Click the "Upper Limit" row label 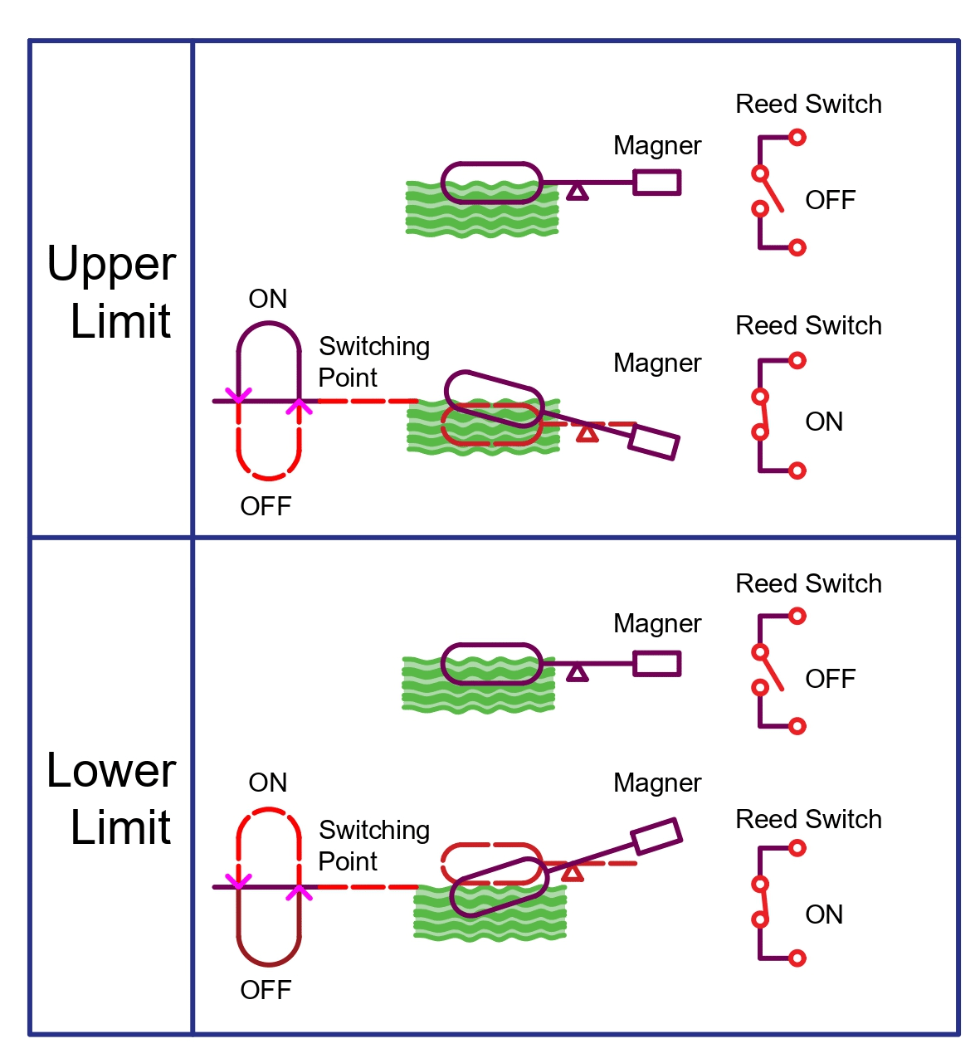[111, 292]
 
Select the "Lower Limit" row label [111, 798]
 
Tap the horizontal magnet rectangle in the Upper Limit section [656, 183]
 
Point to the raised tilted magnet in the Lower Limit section [656, 836]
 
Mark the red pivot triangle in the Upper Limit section [588, 433]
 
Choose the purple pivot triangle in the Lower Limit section [577, 673]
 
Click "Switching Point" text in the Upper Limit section [373, 362]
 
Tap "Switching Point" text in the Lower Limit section [373, 846]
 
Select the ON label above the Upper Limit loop [267, 299]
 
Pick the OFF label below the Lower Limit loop [266, 989]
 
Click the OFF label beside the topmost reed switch [830, 200]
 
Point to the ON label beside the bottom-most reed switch [824, 914]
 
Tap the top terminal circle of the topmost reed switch [797, 138]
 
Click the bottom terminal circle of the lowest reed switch [797, 958]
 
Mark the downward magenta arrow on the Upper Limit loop [238, 395]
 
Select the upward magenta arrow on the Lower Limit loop [299, 892]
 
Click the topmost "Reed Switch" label [808, 104]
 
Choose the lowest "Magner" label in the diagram [657, 783]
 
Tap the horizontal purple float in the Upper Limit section [491, 183]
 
